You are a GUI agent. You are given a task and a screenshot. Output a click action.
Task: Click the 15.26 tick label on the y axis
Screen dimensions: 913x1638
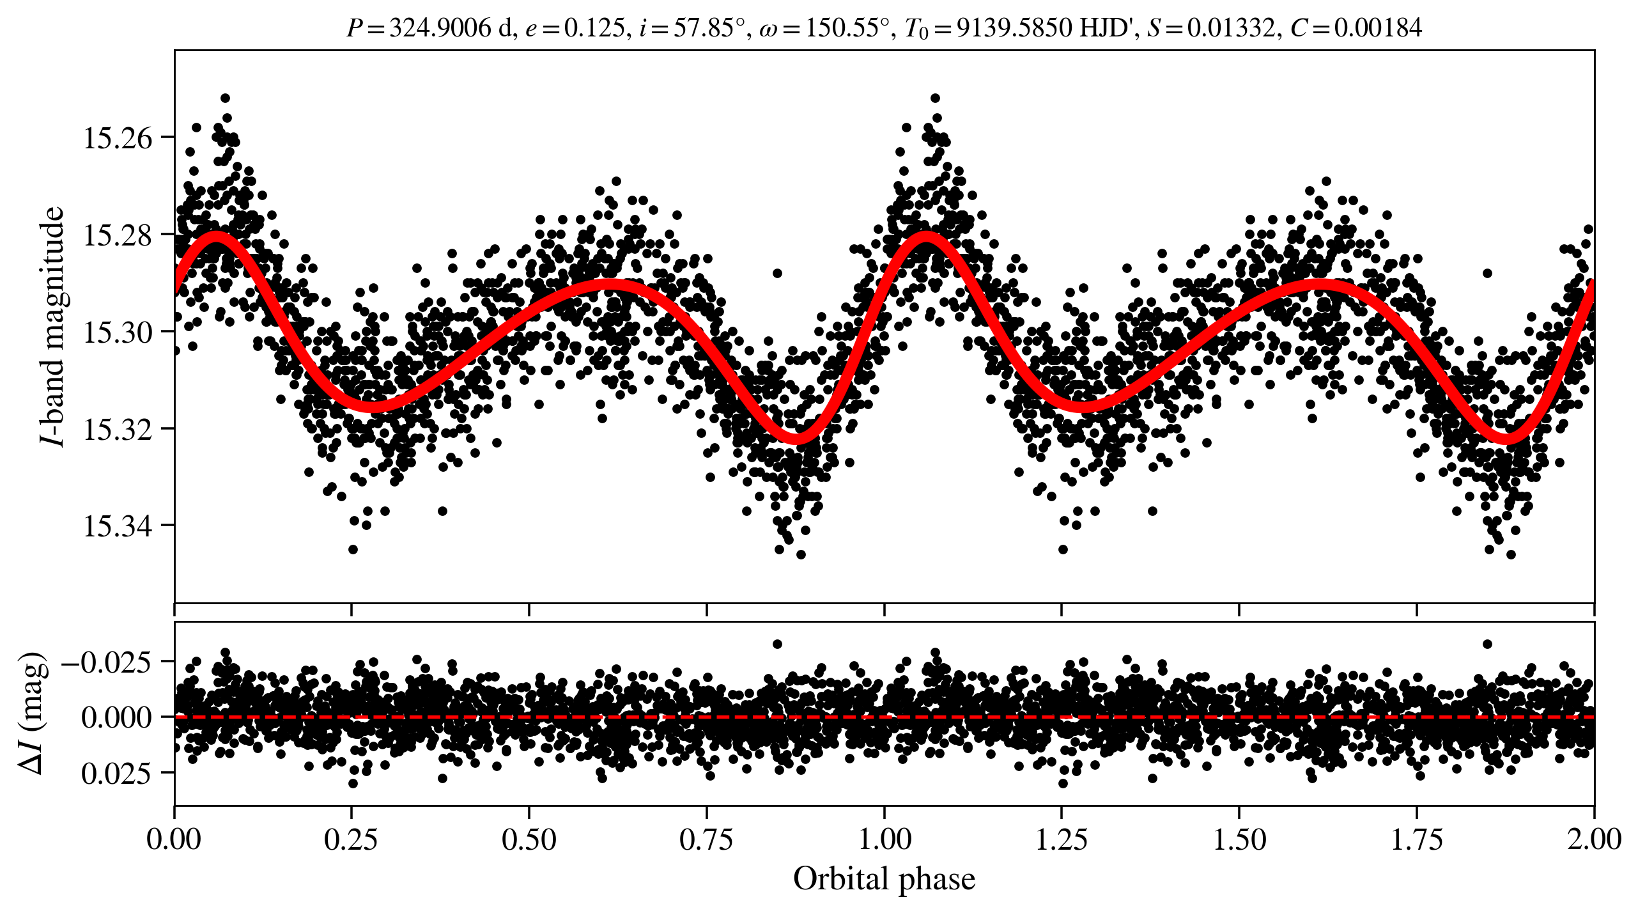tap(118, 138)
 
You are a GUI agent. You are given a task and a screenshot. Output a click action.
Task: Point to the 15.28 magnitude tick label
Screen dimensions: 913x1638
tap(118, 235)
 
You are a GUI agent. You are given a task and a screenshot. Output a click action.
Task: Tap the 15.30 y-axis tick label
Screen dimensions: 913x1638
tap(118, 332)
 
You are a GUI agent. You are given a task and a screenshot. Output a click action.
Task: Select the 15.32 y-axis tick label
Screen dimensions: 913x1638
tap(118, 430)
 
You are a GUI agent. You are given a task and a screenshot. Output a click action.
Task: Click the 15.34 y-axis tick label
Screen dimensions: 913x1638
tap(118, 527)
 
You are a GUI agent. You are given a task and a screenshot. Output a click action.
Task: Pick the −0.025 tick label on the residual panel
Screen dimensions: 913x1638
tap(107, 662)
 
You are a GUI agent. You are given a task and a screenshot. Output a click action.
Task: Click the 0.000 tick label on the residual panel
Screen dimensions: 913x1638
tap(116, 718)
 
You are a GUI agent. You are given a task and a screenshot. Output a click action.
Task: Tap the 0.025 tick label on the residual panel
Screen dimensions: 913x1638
tap(116, 774)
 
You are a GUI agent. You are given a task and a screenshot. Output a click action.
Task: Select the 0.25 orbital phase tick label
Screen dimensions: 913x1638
tap(351, 839)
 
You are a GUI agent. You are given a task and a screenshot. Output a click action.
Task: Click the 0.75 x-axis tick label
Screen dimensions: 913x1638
tap(706, 839)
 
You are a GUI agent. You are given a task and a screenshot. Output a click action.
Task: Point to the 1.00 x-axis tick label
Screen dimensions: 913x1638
tap(884, 839)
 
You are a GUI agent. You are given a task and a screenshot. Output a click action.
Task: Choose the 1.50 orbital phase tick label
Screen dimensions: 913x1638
tap(1239, 839)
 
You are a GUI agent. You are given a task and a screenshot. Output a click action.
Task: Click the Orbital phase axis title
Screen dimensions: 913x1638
tap(884, 879)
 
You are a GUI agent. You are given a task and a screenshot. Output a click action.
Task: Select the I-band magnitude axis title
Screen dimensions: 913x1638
tap(52, 326)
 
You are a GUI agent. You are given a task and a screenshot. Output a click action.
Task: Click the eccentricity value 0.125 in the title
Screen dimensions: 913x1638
tap(594, 28)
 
